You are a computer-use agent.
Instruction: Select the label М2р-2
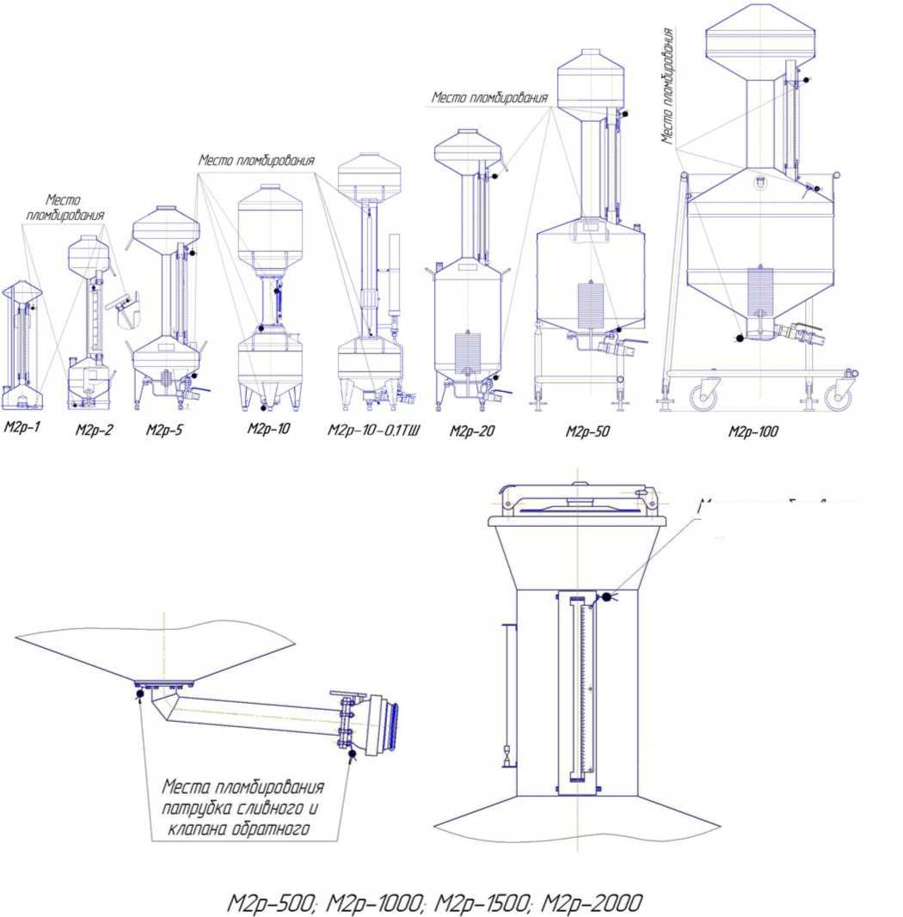pos(94,431)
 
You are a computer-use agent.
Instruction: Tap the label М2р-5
pos(164,431)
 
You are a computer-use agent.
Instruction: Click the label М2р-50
pos(587,431)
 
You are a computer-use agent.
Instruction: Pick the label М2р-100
pos(753,431)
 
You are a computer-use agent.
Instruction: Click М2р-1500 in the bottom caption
pos(481,903)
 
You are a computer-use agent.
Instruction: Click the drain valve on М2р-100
pos(799,333)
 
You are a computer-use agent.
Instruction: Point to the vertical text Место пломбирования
pos(667,86)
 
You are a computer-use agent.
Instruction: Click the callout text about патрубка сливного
pos(244,808)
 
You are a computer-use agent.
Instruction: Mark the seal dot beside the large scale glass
pos(607,596)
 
